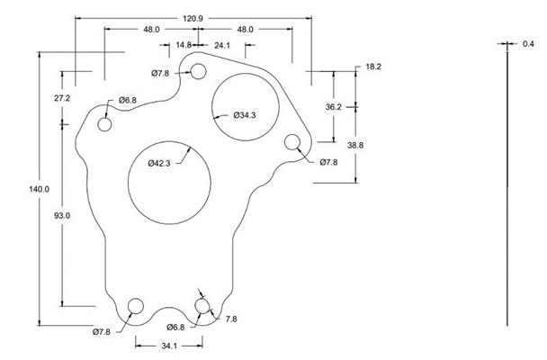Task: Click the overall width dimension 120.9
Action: (193, 18)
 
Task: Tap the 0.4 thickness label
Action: (528, 43)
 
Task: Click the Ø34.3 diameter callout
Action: (246, 116)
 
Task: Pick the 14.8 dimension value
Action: (183, 44)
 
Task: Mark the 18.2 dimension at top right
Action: (375, 67)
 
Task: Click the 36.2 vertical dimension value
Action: (335, 107)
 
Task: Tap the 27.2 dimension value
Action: (62, 97)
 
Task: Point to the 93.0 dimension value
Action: (62, 215)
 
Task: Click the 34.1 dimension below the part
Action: (168, 346)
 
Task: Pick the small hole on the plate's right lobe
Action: (292, 142)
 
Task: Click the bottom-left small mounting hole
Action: (136, 307)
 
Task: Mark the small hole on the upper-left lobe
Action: (104, 125)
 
